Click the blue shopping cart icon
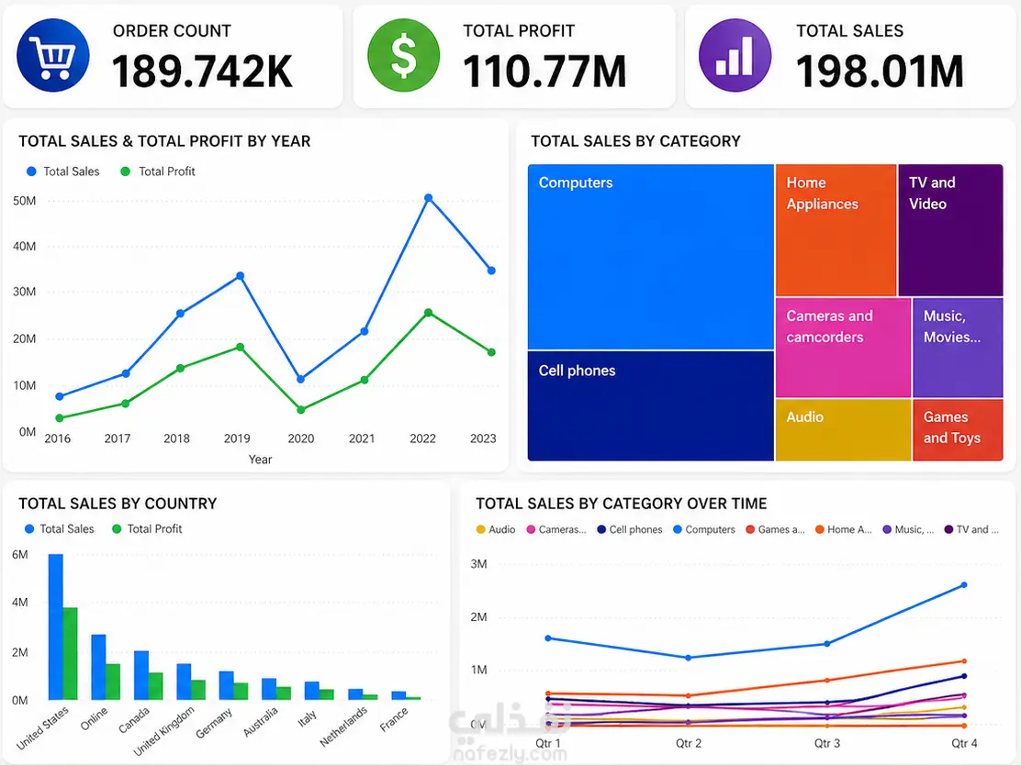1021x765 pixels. click(52, 55)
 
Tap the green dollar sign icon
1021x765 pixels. click(404, 55)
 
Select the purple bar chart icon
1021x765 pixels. click(735, 55)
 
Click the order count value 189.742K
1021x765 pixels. click(203, 71)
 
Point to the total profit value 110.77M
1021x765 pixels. click(545, 71)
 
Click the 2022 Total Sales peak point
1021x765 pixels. click(428, 198)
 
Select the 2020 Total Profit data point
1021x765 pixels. click(301, 410)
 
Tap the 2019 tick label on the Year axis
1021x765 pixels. click(237, 438)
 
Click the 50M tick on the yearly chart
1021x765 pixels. click(25, 200)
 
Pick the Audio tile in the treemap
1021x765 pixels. click(843, 430)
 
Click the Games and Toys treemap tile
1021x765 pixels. click(958, 430)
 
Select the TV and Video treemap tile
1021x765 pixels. click(950, 230)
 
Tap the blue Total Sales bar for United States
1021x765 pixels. click(56, 627)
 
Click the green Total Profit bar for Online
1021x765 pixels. click(113, 682)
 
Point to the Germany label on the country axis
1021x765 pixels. click(214, 723)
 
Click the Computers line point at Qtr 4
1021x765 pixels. click(964, 585)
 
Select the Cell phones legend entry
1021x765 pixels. click(630, 529)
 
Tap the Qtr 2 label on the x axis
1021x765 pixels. click(689, 743)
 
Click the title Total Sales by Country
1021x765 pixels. click(118, 504)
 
